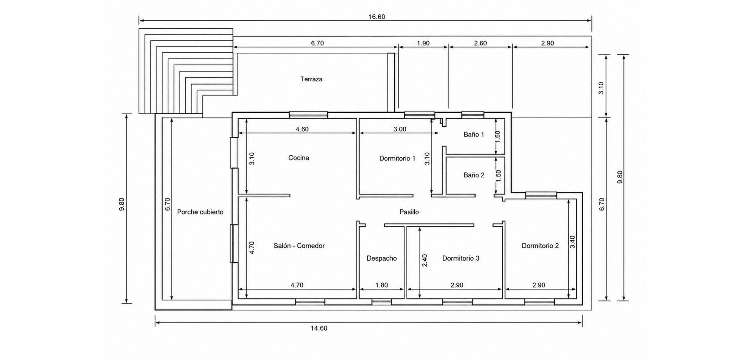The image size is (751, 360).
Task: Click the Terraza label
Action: point(311,79)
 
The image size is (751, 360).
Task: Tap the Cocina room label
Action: point(299,158)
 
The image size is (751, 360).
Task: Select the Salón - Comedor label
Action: point(299,246)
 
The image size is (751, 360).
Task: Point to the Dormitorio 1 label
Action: point(397,158)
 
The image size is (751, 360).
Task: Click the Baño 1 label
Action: point(474,134)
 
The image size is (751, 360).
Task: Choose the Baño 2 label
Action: point(474,175)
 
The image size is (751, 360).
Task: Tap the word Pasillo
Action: point(409,212)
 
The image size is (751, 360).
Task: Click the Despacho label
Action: point(382,258)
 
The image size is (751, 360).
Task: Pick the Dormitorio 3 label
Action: point(461,258)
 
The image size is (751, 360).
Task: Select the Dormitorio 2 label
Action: point(540,246)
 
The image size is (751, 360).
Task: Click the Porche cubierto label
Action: point(200,212)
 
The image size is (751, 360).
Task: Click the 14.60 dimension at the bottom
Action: point(319,328)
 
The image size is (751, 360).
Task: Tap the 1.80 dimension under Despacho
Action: point(382,285)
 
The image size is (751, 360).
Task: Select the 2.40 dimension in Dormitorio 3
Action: point(425,261)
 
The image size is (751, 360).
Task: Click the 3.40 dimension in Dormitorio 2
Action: point(573,242)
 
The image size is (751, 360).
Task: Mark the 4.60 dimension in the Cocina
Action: point(302,129)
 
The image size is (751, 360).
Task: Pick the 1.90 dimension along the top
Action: point(423,43)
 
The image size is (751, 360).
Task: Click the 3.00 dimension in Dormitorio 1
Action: point(400,129)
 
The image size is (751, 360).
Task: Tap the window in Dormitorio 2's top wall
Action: point(541,194)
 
